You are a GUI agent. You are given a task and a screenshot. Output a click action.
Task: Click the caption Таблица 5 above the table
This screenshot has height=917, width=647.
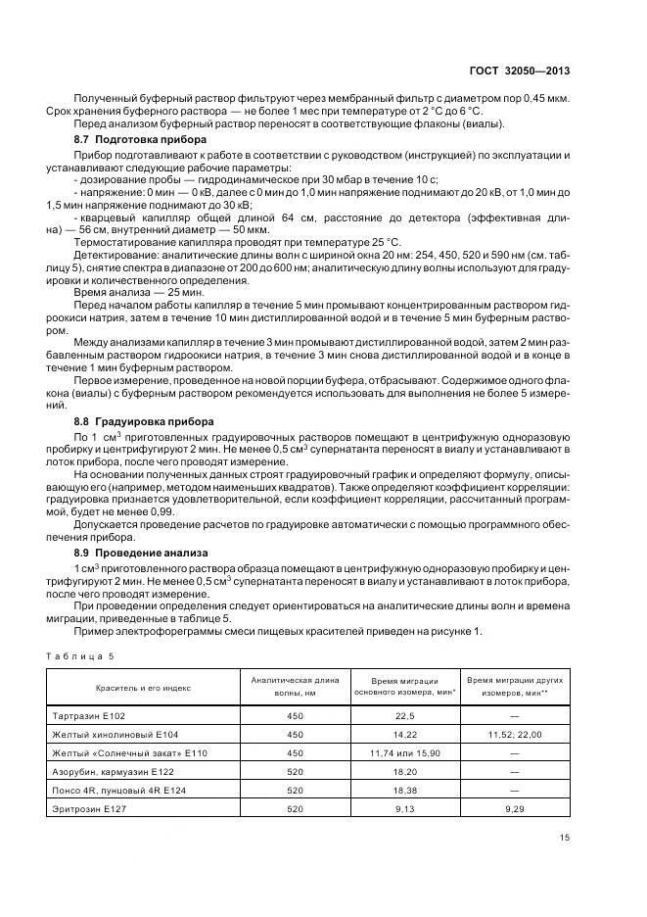81,654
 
